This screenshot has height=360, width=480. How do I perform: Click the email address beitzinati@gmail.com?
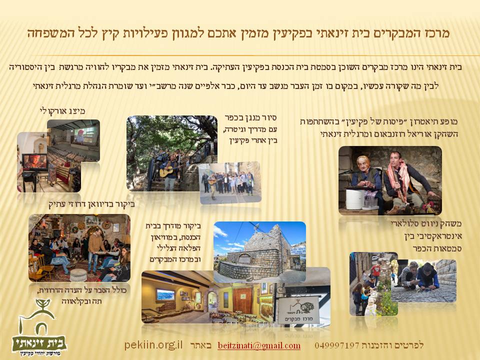259,345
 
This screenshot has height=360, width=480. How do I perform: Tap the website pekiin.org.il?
153,345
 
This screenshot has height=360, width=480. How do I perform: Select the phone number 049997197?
336,345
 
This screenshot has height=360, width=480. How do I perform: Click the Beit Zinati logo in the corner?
39,328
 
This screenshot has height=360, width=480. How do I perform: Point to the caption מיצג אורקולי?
62,110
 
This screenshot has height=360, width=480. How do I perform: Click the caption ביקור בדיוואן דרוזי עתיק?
92,203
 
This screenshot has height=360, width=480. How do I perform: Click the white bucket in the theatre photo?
355,199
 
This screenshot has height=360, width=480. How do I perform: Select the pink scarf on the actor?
398,180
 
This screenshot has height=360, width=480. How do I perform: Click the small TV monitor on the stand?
35,162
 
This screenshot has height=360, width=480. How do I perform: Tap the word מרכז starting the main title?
436,33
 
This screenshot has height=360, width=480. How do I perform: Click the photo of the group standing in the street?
230,182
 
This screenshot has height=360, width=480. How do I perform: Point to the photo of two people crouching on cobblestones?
423,280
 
